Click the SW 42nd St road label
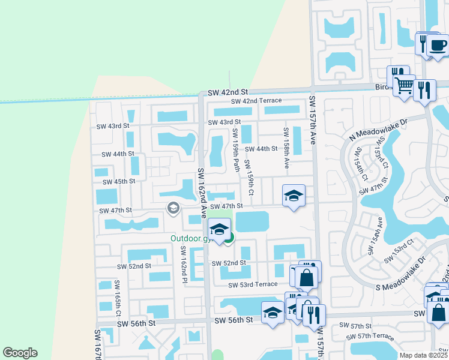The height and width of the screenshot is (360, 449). coord(228,93)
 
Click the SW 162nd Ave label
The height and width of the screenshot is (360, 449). coord(202,191)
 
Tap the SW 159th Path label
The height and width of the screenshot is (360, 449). coord(236,148)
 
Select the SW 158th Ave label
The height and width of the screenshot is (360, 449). coord(287,148)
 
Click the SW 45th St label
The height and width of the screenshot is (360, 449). coord(119,181)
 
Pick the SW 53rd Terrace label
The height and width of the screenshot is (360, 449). coord(253,284)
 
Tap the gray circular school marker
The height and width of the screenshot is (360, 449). coord(173,208)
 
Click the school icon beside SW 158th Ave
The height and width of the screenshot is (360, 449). coord(294,196)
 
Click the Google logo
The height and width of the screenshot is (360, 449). coord(20,353)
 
